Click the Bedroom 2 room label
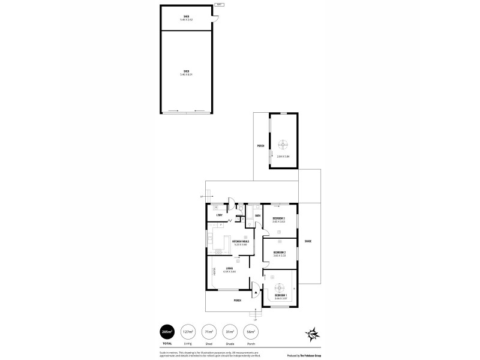(x=278, y=253)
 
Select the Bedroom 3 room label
(x=278, y=218)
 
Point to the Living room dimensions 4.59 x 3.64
(x=229, y=272)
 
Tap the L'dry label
(x=220, y=215)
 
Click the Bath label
(x=257, y=215)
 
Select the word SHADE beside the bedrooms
(x=308, y=241)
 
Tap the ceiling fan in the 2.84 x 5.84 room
(x=283, y=143)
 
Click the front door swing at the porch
(x=255, y=292)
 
